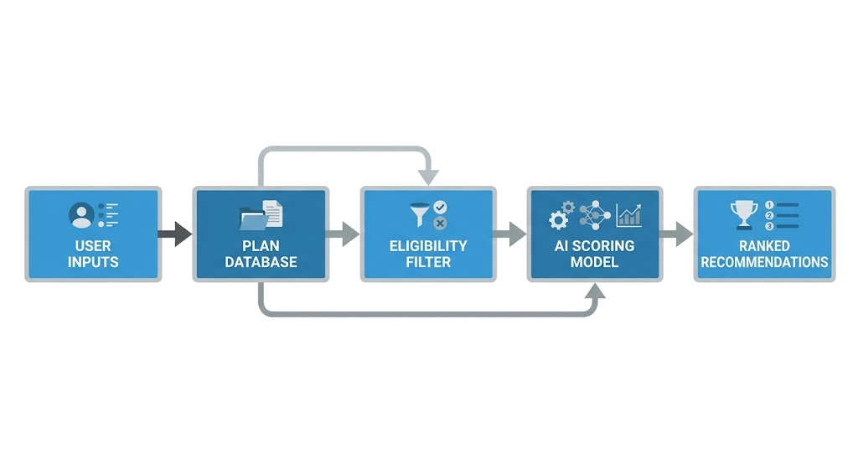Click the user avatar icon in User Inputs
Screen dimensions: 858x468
tap(81, 215)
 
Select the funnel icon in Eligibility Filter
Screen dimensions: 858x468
tap(420, 214)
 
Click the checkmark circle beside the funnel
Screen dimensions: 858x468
tap(440, 208)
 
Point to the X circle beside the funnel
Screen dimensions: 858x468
tap(440, 223)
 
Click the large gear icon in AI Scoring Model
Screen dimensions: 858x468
tap(558, 220)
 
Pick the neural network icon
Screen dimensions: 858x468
tap(595, 215)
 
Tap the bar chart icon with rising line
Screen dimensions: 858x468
tap(628, 215)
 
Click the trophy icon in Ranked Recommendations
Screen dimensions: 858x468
tap(744, 215)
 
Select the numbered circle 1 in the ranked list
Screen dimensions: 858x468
tap(769, 205)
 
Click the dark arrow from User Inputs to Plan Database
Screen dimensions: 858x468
tap(175, 234)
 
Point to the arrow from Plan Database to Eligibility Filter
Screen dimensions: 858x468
tap(343, 234)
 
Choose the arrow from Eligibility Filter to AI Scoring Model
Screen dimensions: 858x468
tap(510, 234)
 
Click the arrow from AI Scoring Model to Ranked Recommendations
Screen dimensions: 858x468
tap(676, 234)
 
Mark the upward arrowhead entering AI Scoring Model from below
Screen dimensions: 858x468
tap(595, 291)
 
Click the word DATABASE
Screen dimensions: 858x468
tap(261, 262)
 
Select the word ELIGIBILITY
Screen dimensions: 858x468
tap(428, 246)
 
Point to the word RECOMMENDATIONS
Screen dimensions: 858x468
tap(764, 262)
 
